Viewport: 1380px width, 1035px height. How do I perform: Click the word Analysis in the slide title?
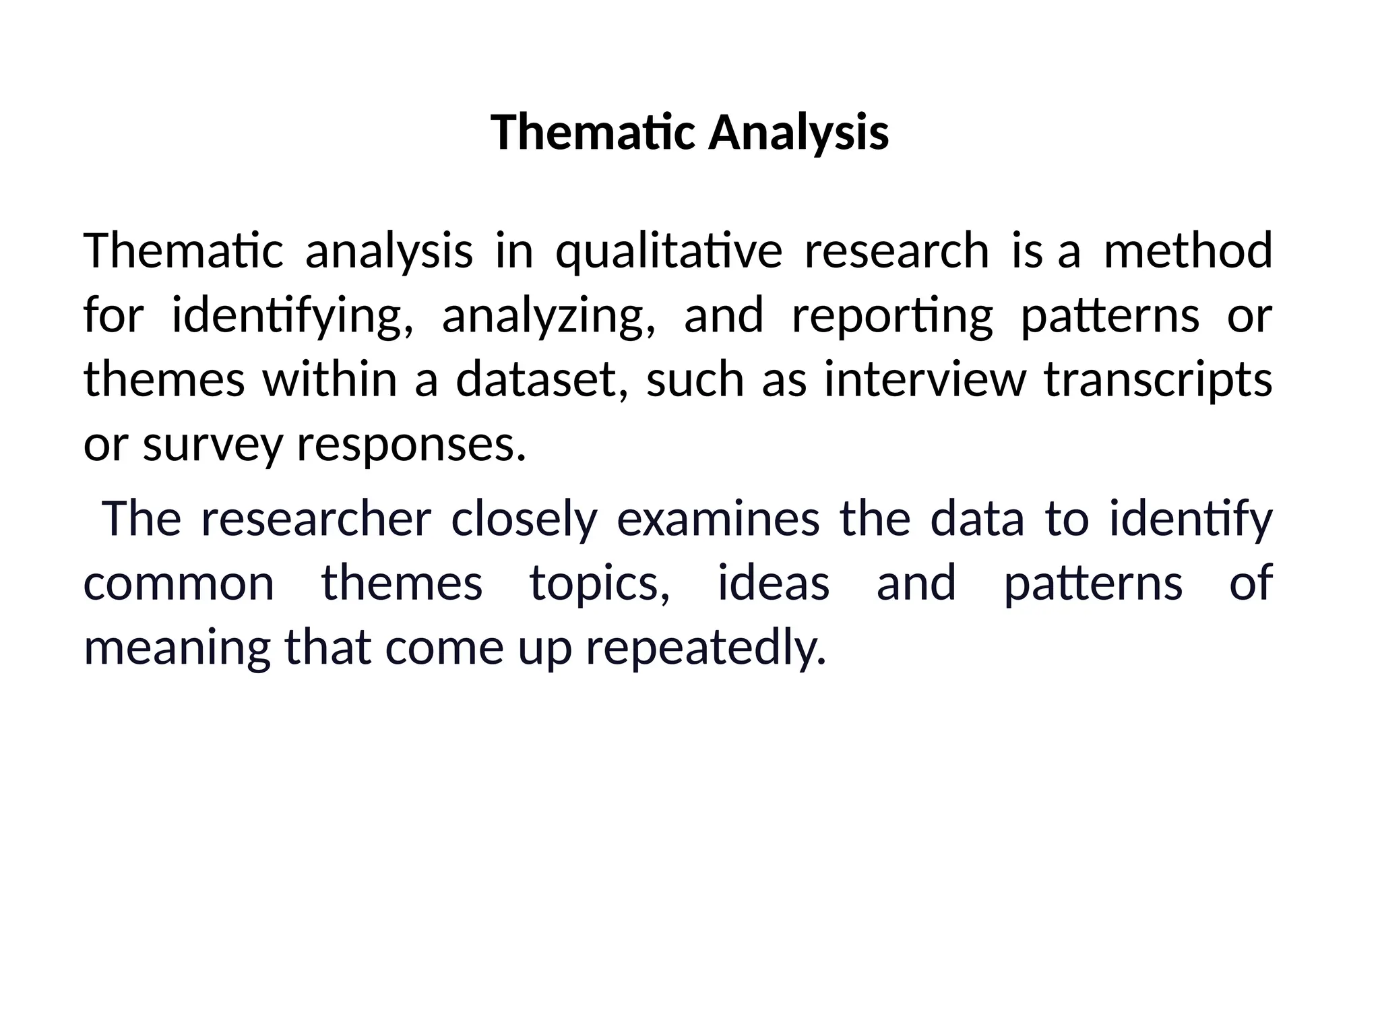click(798, 133)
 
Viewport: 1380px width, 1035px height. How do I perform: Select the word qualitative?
click(668, 251)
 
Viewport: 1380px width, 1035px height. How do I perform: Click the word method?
click(1188, 251)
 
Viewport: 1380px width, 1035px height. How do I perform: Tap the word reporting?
click(892, 315)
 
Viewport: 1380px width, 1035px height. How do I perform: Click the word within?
click(330, 379)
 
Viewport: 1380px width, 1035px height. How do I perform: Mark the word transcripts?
click(1158, 381)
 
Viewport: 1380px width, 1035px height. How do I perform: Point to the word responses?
click(411, 445)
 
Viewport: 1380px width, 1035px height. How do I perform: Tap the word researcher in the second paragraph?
click(316, 519)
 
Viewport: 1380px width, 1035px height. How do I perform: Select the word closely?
click(524, 519)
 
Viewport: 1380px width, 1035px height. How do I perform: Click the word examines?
click(718, 519)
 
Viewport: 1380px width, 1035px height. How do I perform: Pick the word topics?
click(600, 584)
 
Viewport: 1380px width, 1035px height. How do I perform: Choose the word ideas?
click(774, 584)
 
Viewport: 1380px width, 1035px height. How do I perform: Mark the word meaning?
click(177, 648)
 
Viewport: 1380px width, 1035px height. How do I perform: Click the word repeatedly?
click(705, 648)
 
